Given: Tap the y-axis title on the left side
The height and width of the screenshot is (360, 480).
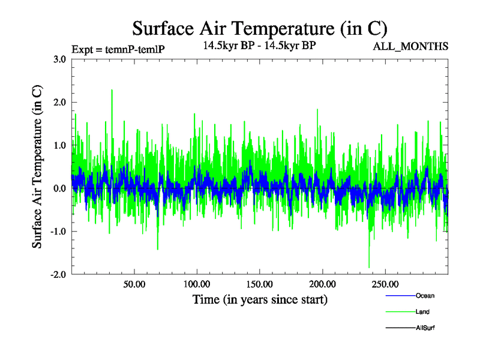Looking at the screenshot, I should (x=37, y=167).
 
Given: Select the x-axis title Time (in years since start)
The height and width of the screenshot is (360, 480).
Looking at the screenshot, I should (x=260, y=299).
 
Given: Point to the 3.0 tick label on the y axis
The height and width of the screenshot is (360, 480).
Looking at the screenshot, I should (x=59, y=59).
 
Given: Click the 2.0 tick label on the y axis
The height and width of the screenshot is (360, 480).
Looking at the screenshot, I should (x=59, y=102).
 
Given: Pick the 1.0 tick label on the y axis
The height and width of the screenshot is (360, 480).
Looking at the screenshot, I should (x=59, y=145).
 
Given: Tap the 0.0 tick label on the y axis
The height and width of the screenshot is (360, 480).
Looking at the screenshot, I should (x=59, y=188).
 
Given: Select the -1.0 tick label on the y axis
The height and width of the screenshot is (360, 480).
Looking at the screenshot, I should (x=58, y=232).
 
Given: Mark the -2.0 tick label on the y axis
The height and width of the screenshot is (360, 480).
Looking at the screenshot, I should (x=58, y=275).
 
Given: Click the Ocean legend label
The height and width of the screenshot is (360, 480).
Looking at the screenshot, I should (x=425, y=296).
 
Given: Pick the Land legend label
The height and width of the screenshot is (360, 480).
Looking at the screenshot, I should (x=422, y=312).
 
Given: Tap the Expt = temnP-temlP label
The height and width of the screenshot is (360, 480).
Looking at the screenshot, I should (x=118, y=49).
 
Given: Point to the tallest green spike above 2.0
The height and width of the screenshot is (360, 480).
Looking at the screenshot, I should (x=112, y=91).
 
